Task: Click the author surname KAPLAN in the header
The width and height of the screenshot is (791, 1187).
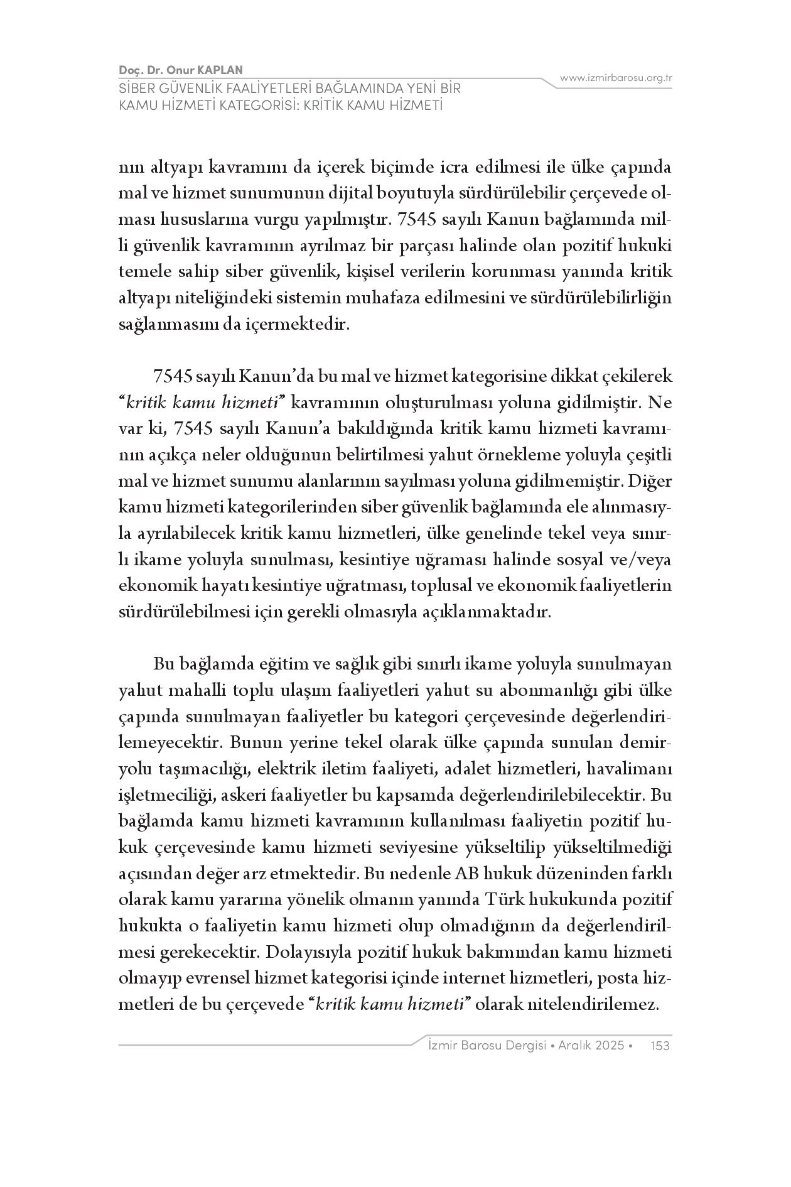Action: click(x=221, y=70)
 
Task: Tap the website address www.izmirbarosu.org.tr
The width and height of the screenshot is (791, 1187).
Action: click(x=616, y=78)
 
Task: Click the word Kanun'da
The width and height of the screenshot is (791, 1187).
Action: click(x=277, y=376)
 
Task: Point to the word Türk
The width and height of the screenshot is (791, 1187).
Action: click(x=505, y=900)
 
